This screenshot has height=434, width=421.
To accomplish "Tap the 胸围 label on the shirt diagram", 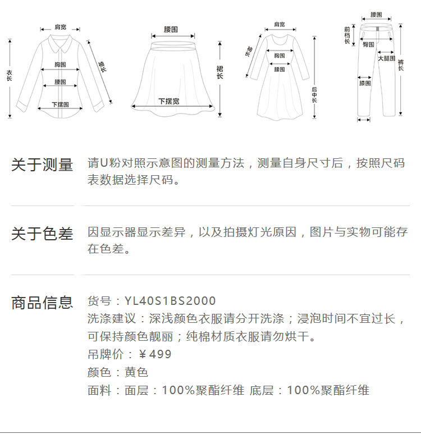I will click(61, 65).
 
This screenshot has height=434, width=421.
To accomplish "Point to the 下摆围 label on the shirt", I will click(60, 104).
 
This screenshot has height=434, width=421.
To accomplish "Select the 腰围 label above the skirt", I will click(171, 29).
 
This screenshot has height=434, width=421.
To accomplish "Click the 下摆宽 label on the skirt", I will click(168, 102).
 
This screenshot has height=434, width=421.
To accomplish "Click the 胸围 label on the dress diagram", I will click(280, 56).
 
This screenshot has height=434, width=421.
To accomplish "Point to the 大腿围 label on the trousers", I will click(386, 58).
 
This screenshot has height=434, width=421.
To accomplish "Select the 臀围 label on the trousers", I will click(368, 44).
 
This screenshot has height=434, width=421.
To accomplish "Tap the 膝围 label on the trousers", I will click(365, 84).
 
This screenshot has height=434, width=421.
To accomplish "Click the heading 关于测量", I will click(42, 165).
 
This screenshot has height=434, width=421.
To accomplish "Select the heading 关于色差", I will click(42, 234).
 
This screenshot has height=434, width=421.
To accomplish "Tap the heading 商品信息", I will click(42, 303).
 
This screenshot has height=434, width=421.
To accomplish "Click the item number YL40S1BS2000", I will click(170, 301).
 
